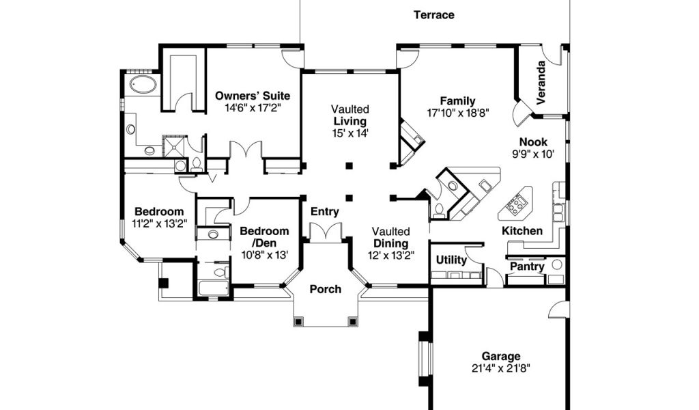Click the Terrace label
pyautogui.click(x=433, y=15)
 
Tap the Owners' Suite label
pyautogui.click(x=253, y=96)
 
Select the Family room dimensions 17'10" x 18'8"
pyautogui.click(x=457, y=113)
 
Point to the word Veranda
pyautogui.click(x=541, y=83)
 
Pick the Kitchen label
pyautogui.click(x=522, y=231)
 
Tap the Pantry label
pyautogui.click(x=526, y=266)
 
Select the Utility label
pyautogui.click(x=451, y=260)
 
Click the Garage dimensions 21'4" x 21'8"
pyautogui.click(x=500, y=368)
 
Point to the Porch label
pyautogui.click(x=326, y=289)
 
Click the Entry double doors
pyautogui.click(x=326, y=231)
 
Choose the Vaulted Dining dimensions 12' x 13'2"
pyautogui.click(x=391, y=256)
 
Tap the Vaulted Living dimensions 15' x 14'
pyautogui.click(x=351, y=133)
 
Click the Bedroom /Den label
pyautogui.click(x=264, y=237)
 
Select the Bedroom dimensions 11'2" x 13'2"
pyautogui.click(x=158, y=223)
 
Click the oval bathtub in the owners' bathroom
pyautogui.click(x=143, y=85)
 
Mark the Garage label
pyautogui.click(x=500, y=356)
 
